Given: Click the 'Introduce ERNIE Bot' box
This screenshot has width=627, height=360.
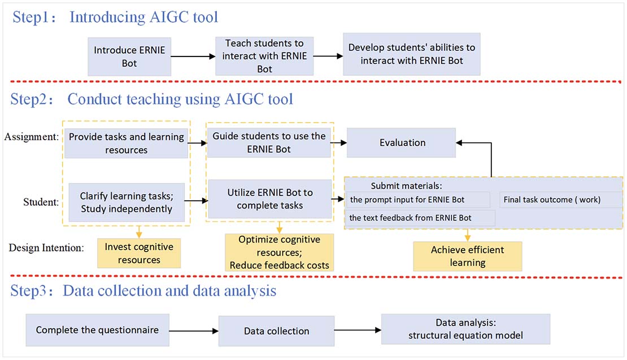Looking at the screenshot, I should (x=129, y=57).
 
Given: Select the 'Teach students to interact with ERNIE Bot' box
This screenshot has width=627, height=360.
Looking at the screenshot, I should (x=264, y=56).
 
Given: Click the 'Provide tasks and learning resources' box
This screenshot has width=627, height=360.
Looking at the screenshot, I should (x=126, y=144).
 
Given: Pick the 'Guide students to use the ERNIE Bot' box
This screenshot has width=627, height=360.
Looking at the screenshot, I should (x=269, y=143).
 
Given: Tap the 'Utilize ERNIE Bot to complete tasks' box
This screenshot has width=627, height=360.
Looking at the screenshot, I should (x=269, y=199).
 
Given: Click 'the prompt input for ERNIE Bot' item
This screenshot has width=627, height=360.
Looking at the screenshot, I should (x=418, y=199).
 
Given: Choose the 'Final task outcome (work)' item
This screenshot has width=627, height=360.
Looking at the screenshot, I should (x=559, y=199).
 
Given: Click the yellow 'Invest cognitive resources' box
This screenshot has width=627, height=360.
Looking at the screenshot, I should (x=139, y=253).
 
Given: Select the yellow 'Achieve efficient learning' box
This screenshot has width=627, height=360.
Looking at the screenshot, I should (x=467, y=257).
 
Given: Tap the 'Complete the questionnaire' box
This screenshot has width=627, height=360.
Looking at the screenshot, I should (x=97, y=330).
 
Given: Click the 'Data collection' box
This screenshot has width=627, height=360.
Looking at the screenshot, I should (x=276, y=331).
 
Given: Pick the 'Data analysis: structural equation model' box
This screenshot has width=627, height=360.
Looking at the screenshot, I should (x=465, y=329).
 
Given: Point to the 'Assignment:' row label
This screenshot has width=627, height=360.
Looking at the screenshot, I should (x=31, y=136).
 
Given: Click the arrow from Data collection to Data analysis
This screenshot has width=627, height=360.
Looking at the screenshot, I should (x=358, y=330).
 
